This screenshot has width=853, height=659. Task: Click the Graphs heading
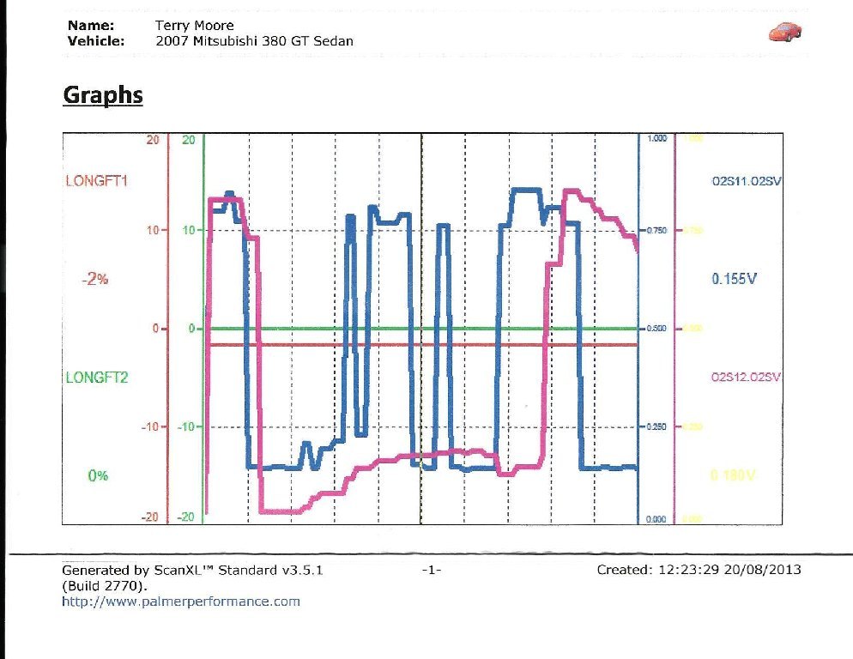click(103, 94)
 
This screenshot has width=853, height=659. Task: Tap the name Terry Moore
click(195, 26)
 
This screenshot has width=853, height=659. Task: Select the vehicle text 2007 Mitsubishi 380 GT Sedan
click(254, 41)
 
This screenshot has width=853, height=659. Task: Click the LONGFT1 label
click(96, 181)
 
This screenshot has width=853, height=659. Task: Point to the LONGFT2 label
click(96, 377)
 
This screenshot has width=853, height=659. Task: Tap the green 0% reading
click(98, 475)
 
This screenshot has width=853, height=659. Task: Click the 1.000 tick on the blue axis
click(656, 138)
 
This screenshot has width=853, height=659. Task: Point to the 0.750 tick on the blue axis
click(656, 230)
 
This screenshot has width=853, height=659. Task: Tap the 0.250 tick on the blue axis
click(656, 426)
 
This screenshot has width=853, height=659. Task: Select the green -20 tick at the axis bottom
click(185, 517)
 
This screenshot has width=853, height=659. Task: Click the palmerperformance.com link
click(181, 602)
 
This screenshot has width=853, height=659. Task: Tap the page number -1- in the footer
click(432, 570)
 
